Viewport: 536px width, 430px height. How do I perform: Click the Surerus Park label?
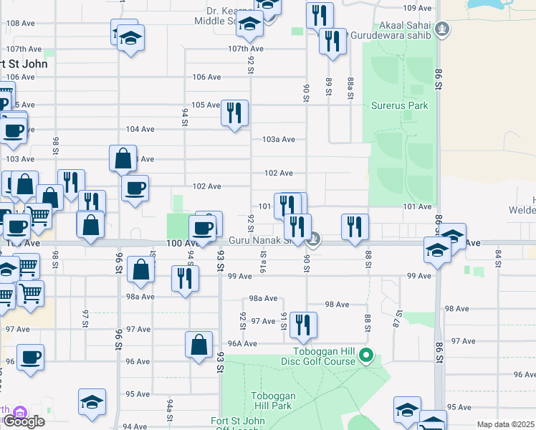pyautogui.click(x=399, y=105)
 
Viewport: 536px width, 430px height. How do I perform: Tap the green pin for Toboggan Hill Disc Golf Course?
pyautogui.click(x=365, y=355)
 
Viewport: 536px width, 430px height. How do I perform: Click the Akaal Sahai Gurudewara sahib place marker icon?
pyautogui.click(x=444, y=29)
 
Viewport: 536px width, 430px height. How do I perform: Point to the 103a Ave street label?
pyautogui.click(x=279, y=139)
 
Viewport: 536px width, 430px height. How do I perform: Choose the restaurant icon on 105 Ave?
pyautogui.click(x=234, y=113)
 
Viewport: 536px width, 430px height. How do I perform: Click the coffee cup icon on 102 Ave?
pyautogui.click(x=135, y=188)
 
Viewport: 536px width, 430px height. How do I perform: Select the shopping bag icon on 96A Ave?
pyautogui.click(x=198, y=345)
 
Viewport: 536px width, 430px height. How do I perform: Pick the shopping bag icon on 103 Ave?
pyautogui.click(x=123, y=158)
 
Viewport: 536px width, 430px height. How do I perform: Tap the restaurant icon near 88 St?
pyautogui.click(x=355, y=227)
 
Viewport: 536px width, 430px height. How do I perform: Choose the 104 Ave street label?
pyautogui.click(x=140, y=129)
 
